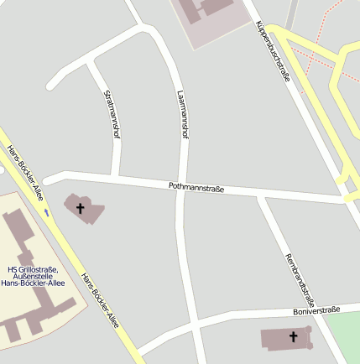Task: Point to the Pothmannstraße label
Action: (x=196, y=188)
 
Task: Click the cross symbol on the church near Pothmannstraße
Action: (x=81, y=207)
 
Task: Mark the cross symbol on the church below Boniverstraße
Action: (x=294, y=337)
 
